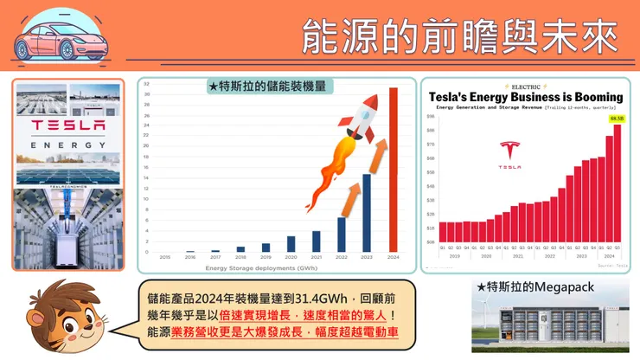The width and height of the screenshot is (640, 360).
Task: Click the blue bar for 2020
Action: click(291, 244)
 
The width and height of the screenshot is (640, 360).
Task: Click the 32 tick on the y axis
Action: click(148, 85)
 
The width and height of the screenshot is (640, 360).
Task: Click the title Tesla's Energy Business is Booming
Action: click(526, 96)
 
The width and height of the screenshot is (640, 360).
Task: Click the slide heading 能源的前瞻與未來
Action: click(459, 35)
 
